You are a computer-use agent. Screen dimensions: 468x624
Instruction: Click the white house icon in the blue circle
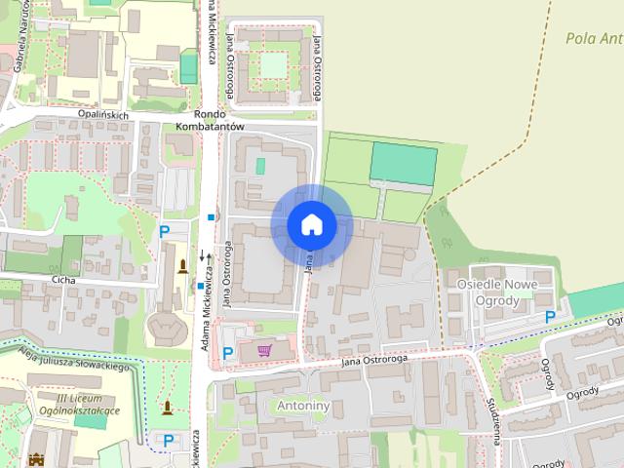(x=312, y=224)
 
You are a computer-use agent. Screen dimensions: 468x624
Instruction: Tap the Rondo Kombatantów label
(x=210, y=118)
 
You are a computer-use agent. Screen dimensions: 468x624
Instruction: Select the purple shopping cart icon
(x=264, y=350)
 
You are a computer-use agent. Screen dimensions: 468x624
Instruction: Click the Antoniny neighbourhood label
(x=303, y=404)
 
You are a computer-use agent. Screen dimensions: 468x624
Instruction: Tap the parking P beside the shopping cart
(x=228, y=353)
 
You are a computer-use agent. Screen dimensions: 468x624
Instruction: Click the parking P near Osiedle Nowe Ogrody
(x=551, y=317)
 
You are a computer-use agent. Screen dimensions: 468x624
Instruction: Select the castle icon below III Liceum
(x=39, y=459)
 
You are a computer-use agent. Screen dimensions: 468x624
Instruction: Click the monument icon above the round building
(x=182, y=266)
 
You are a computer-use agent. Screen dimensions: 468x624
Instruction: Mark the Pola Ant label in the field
(x=594, y=39)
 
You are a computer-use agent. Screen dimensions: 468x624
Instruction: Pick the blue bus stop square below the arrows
(x=201, y=287)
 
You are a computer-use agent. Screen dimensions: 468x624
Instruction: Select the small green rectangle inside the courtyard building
(x=260, y=166)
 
